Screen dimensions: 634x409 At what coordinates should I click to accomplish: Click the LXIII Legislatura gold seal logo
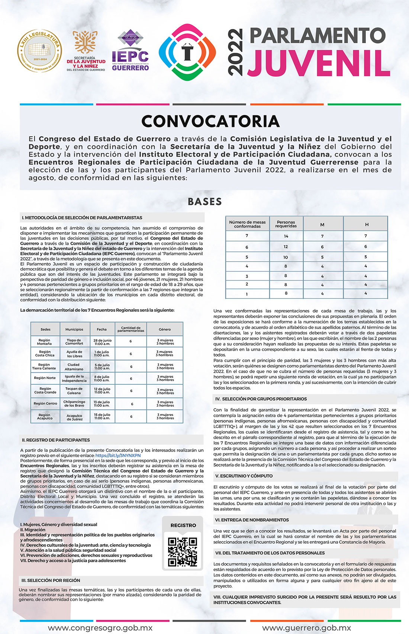(39, 51)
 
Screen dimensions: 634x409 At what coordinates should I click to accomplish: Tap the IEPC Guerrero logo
(130, 51)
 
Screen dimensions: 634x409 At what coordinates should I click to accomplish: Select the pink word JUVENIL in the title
(319, 63)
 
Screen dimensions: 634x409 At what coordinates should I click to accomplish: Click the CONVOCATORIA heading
(210, 121)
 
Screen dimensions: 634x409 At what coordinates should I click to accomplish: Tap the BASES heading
(205, 202)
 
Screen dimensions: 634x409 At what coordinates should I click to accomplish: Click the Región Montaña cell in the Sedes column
(45, 342)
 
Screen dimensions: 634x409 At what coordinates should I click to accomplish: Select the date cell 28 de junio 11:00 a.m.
(102, 342)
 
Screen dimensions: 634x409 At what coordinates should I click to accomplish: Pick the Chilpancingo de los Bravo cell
(74, 404)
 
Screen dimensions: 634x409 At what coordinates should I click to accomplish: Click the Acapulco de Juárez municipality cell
(74, 417)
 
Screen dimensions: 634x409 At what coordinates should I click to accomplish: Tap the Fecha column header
(102, 329)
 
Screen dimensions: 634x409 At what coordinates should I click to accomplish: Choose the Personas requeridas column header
(286, 224)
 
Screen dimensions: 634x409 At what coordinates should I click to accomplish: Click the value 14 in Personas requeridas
(286, 236)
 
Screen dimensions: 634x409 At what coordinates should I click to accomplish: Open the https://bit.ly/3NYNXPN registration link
(118, 455)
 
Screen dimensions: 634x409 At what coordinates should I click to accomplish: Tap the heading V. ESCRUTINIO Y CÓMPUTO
(244, 476)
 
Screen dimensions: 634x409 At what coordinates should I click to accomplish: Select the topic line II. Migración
(33, 530)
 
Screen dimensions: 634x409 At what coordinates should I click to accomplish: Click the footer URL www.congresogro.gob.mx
(100, 628)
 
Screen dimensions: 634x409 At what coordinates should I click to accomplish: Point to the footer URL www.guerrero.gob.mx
(307, 628)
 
